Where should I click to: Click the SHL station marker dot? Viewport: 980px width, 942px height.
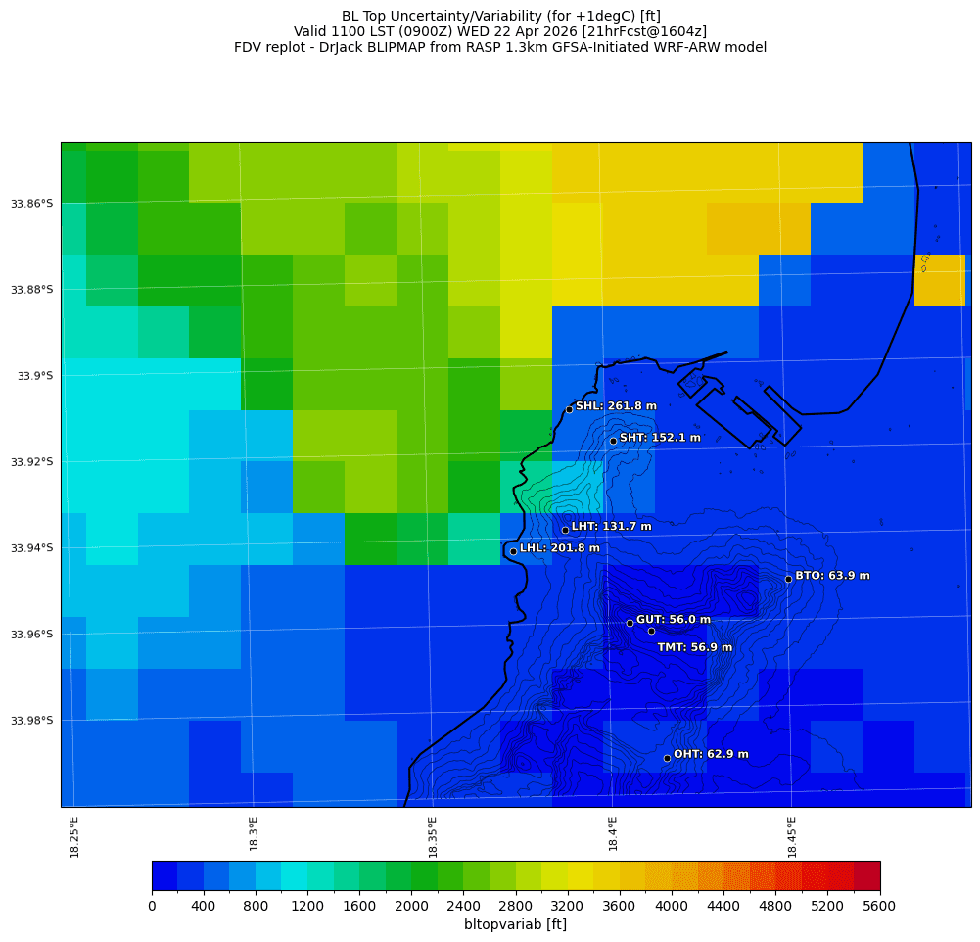[569, 409]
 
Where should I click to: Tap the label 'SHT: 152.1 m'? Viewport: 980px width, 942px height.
[660, 438]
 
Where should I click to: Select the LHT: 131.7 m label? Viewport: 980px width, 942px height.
[611, 527]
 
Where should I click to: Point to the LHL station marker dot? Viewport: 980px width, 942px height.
[513, 551]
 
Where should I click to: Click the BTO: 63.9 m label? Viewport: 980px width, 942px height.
[832, 576]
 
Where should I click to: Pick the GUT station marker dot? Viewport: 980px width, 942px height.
[630, 623]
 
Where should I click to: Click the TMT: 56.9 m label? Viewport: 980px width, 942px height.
[694, 647]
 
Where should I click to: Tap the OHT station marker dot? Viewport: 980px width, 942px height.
[667, 758]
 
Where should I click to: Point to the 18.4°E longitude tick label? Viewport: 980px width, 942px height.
[613, 836]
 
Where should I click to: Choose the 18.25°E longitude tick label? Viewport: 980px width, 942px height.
[75, 836]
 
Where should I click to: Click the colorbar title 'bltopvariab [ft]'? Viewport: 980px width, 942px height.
[515, 924]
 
